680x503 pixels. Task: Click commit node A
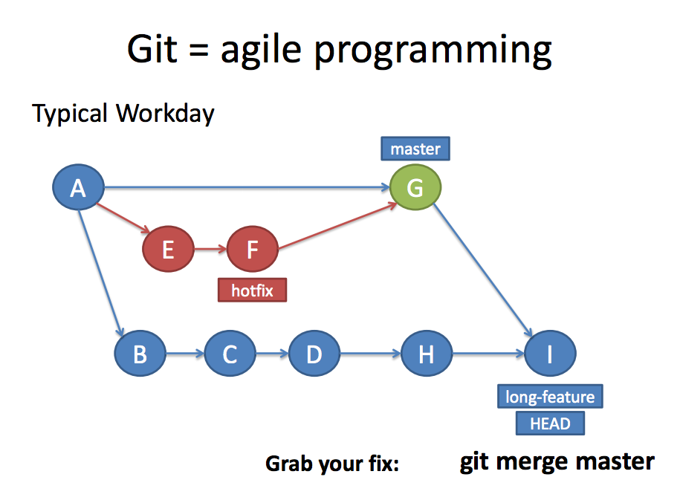(x=78, y=189)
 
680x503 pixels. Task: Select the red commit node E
(x=168, y=250)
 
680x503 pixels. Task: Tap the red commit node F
(x=252, y=250)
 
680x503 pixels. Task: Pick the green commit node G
(x=415, y=188)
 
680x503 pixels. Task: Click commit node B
(x=140, y=354)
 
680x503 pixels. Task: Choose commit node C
(x=230, y=354)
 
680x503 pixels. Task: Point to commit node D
(x=314, y=354)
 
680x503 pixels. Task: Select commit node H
(x=427, y=354)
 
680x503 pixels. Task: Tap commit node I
(x=550, y=354)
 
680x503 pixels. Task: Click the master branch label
(x=415, y=149)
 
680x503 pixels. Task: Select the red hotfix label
(x=252, y=291)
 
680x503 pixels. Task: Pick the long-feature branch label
(x=550, y=397)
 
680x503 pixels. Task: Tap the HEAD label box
(x=550, y=424)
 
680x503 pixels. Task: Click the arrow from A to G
(x=245, y=189)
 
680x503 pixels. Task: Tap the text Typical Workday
(x=123, y=114)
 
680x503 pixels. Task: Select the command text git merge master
(x=557, y=461)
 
